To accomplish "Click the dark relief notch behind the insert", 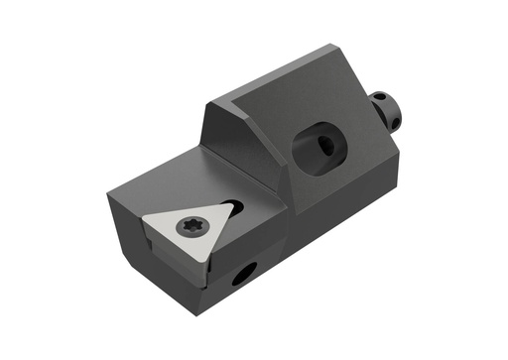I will click(x=235, y=202).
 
